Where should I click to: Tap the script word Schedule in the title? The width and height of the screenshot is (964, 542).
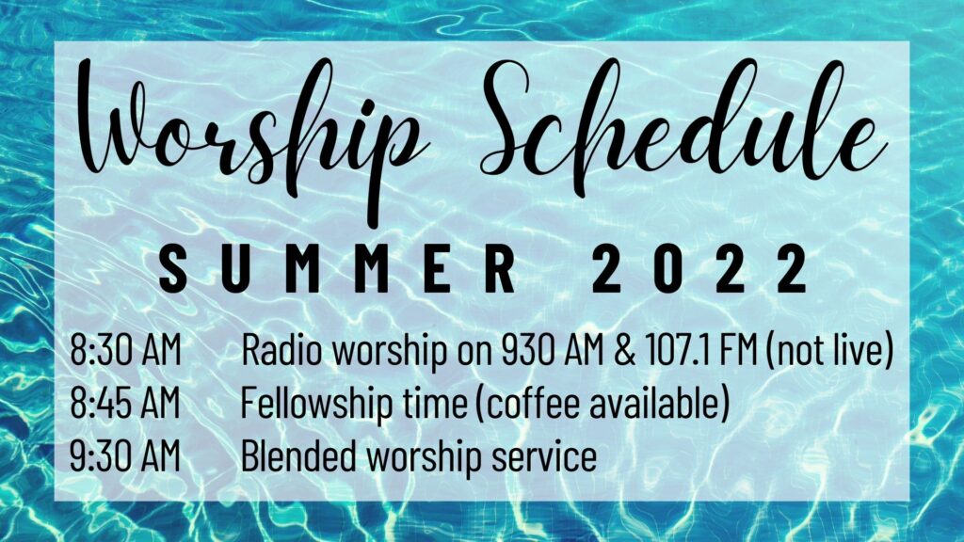click(x=683, y=120)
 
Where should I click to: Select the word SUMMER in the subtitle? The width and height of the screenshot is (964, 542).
click(x=338, y=268)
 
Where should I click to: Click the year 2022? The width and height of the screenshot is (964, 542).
click(x=699, y=268)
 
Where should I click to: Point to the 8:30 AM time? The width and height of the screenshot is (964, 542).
click(x=125, y=350)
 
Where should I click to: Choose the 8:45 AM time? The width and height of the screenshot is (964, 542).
click(x=125, y=403)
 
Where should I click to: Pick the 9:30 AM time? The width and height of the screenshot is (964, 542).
click(x=125, y=456)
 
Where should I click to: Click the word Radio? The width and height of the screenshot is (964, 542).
click(x=281, y=350)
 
